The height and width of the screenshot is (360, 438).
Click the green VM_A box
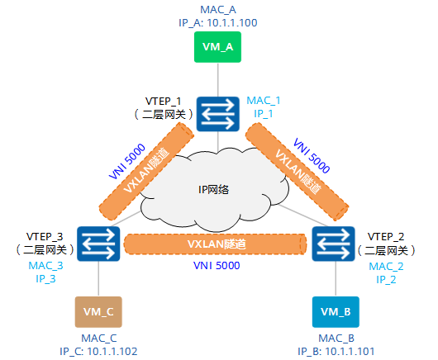[217, 48]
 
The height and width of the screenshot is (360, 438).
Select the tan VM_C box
[98, 312]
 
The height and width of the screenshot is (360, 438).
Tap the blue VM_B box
[336, 312]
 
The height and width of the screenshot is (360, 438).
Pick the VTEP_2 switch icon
[336, 244]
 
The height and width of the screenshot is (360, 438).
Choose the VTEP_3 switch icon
[98, 244]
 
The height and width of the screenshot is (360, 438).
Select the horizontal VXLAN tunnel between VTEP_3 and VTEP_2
[217, 245]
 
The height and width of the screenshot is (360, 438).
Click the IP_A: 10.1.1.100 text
[217, 23]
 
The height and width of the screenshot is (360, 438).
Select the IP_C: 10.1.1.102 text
[98, 351]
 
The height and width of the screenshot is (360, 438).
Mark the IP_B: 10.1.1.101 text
[336, 351]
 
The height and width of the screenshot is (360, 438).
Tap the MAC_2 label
[385, 266]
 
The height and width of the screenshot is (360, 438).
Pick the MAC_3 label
[45, 266]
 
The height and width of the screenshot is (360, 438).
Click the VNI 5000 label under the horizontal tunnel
[217, 267]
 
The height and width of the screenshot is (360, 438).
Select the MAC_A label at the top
[217, 9]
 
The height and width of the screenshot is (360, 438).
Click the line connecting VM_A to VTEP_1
[217, 79]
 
